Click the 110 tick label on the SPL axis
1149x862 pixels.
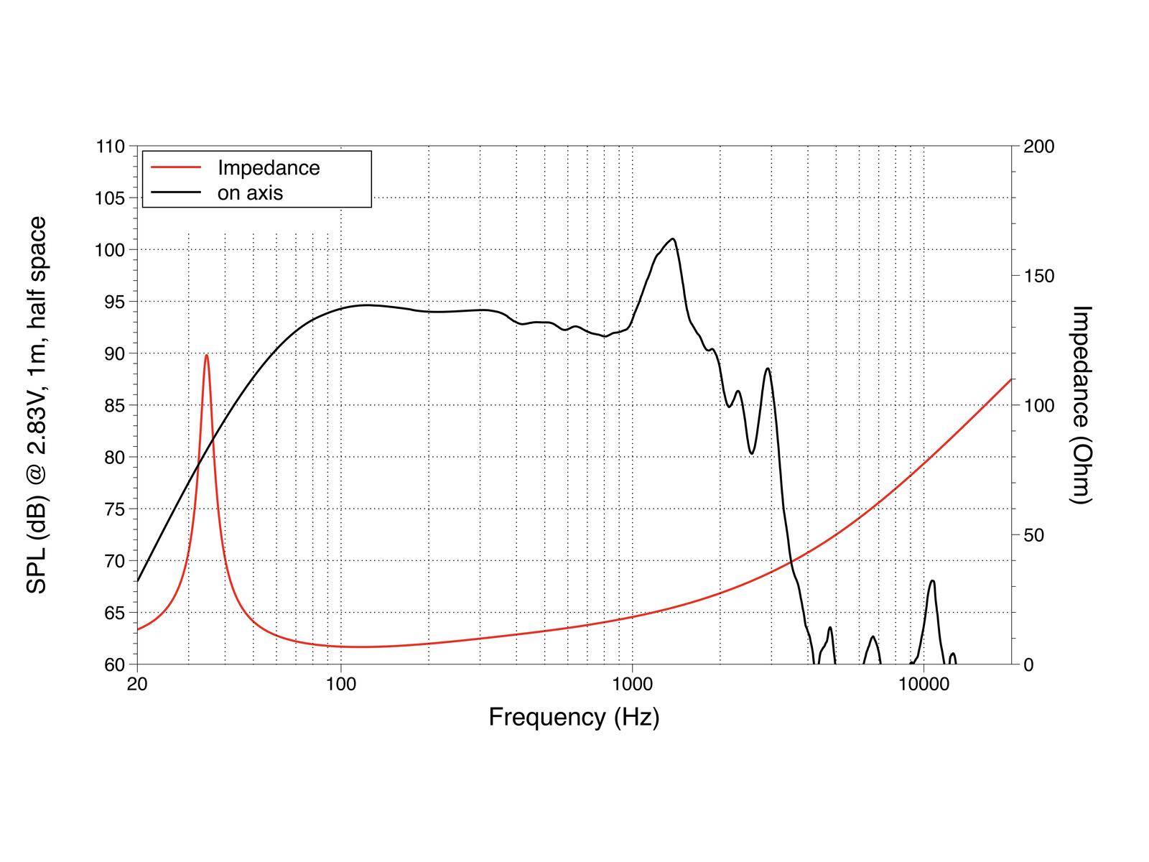click(x=110, y=147)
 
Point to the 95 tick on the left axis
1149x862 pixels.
click(x=110, y=302)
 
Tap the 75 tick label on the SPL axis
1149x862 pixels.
click(x=110, y=509)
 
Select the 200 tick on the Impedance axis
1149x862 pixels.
click(x=1038, y=147)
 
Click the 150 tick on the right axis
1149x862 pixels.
click(x=1038, y=276)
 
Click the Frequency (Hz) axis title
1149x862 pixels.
click(x=574, y=717)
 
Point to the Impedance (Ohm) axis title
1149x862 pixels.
click(x=1081, y=404)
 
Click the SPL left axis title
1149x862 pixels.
click(x=37, y=404)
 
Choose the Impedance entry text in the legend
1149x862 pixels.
click(x=269, y=167)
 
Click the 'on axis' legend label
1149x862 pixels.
click(x=250, y=193)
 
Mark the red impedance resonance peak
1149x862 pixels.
click(x=206, y=355)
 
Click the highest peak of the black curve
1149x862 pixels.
click(x=673, y=238)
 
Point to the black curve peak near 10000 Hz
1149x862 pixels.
click(x=932, y=580)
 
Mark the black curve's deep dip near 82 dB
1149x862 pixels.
click(x=751, y=453)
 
